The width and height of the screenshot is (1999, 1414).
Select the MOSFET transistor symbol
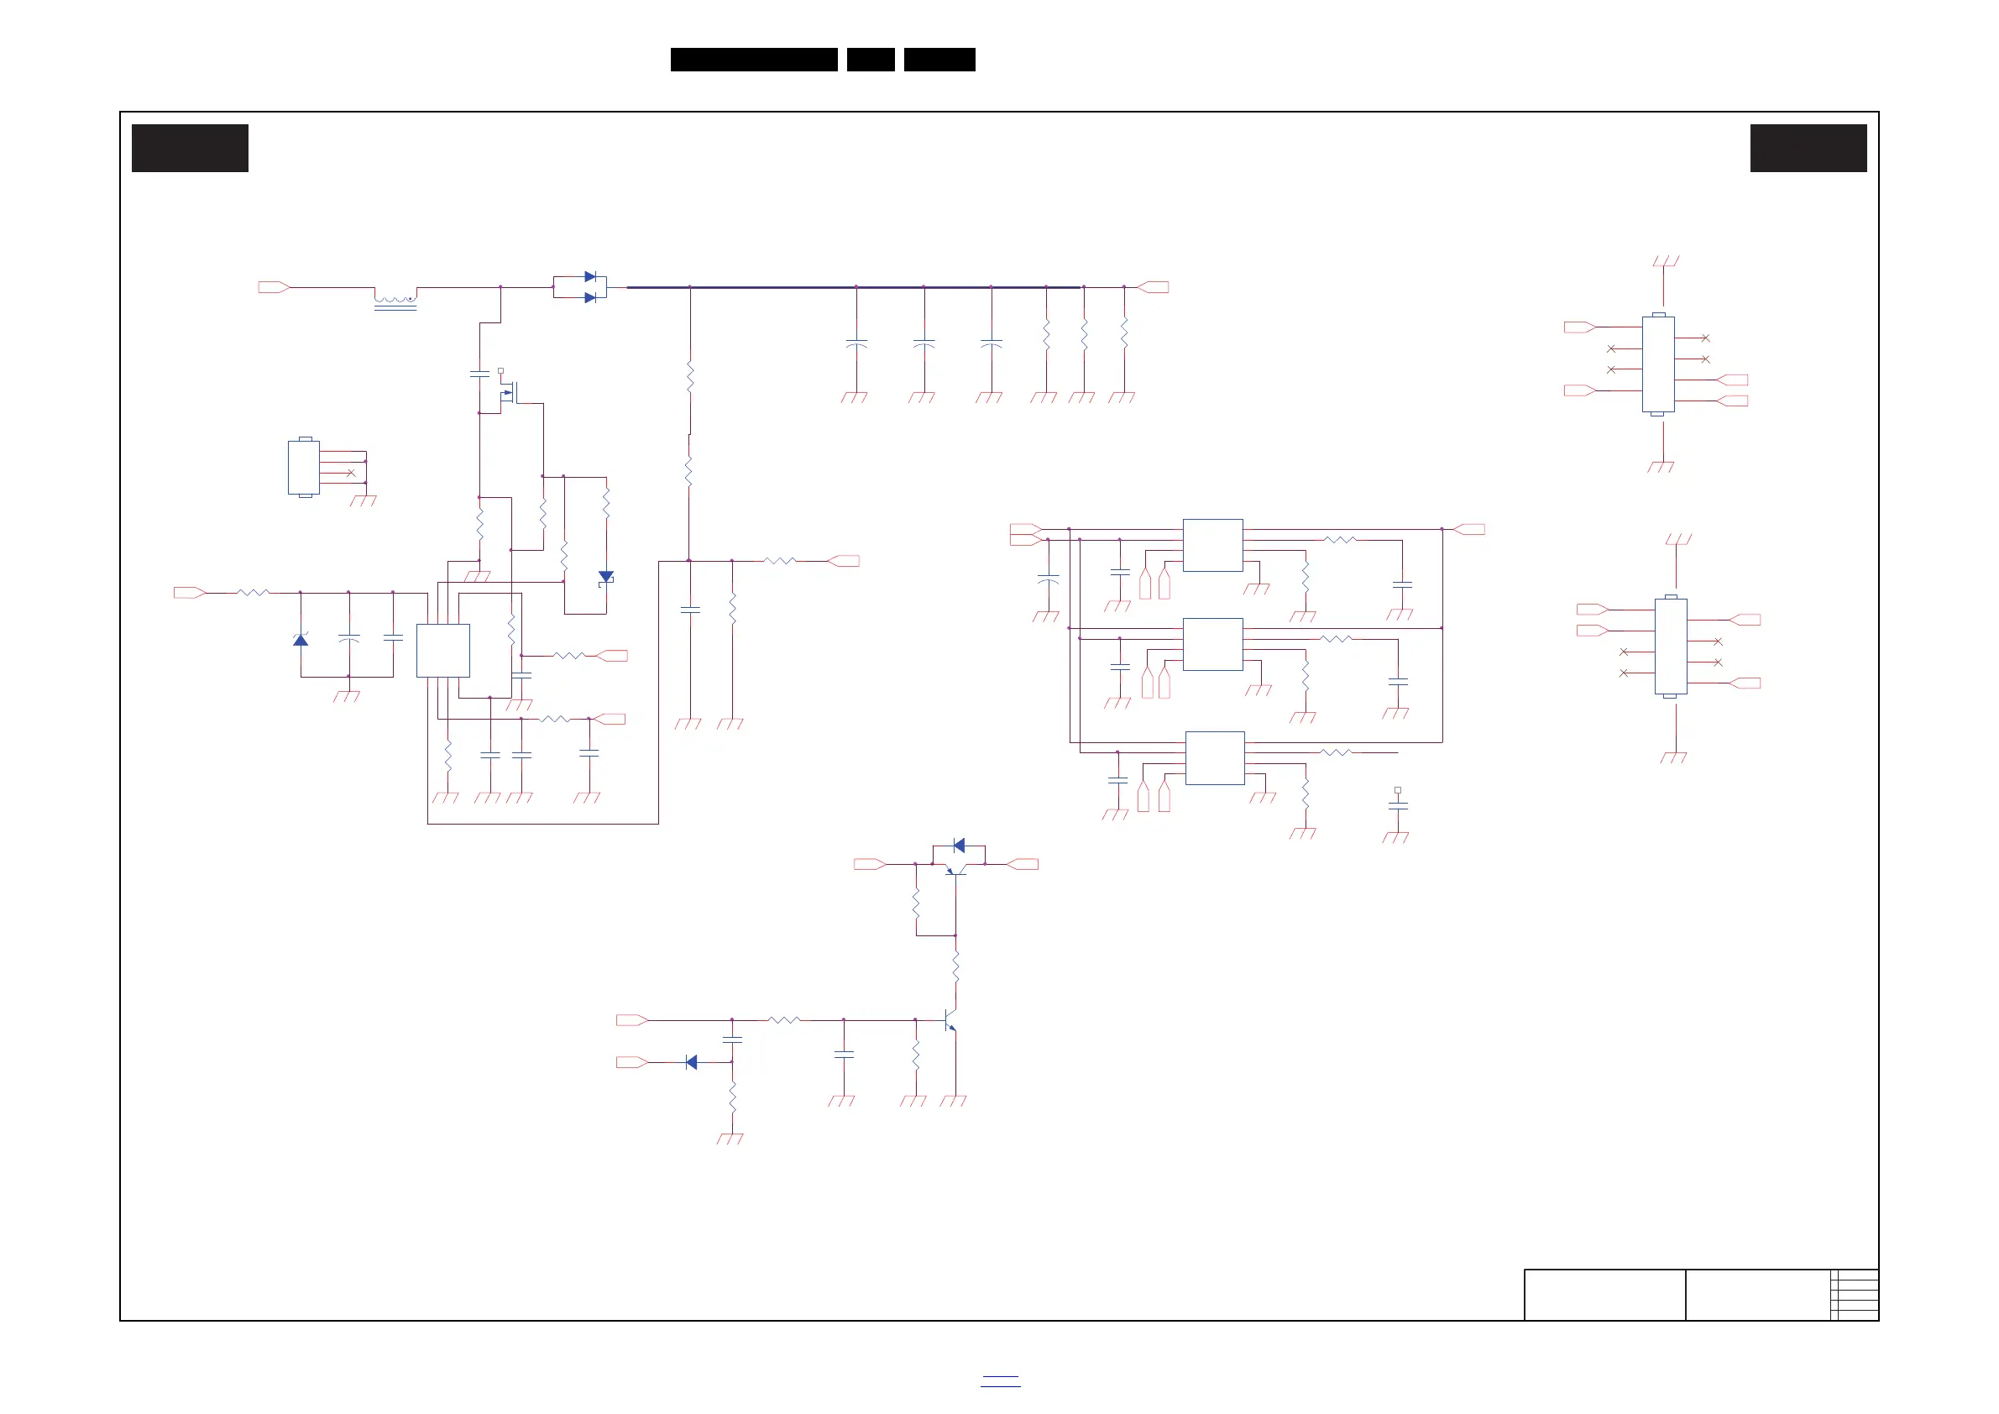tap(510, 393)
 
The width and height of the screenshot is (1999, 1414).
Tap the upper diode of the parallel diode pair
tap(590, 277)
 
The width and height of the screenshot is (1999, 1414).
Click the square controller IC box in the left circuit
tap(443, 651)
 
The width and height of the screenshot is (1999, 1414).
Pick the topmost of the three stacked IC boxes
tap(1212, 545)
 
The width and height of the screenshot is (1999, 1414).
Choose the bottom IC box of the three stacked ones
tap(1215, 757)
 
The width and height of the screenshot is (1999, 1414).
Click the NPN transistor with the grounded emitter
tap(950, 1019)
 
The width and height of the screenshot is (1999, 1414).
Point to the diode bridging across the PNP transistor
tap(960, 846)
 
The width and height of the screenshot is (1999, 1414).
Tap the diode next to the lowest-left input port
tap(691, 1062)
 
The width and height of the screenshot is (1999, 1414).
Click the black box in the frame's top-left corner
tap(190, 148)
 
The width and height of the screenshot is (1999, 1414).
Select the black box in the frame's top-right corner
tap(1808, 148)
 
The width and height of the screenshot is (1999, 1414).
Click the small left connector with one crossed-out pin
tap(304, 468)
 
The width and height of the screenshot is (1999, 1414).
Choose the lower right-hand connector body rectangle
tap(1670, 646)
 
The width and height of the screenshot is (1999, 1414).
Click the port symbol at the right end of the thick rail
tap(1154, 287)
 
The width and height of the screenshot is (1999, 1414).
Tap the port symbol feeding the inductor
tap(273, 287)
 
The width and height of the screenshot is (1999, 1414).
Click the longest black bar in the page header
tap(754, 60)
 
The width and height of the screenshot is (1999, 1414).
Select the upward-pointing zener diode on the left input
tap(301, 640)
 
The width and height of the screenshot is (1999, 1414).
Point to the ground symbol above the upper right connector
tap(1665, 261)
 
